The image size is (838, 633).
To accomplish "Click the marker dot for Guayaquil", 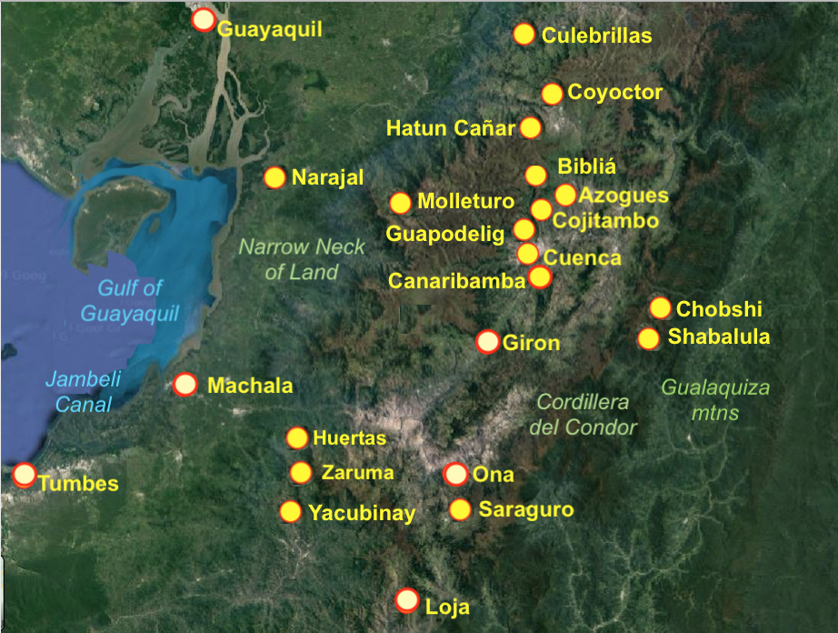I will point(204,20).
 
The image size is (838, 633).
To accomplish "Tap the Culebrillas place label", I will point(596,35).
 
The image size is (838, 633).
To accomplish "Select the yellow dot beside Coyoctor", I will point(552,94).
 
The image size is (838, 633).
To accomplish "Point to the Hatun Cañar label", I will point(451,128).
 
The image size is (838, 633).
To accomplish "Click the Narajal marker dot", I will point(274,177).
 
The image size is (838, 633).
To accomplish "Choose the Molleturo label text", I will point(465,201).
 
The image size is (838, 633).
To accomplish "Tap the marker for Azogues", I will point(565,195).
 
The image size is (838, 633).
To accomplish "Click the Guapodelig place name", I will point(445,235).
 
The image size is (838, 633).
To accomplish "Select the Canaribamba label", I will point(457,281).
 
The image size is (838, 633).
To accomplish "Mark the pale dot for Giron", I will point(488,342).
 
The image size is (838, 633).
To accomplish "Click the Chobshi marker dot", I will point(660,308).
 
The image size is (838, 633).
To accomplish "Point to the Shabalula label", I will point(719,337).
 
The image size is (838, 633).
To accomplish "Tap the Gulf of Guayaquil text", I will point(130,300).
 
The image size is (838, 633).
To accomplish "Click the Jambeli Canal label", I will point(83,392).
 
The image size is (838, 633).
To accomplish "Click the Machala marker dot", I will point(185,385).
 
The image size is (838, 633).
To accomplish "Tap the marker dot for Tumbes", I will point(25,474).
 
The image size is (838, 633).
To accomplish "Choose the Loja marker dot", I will point(407,600).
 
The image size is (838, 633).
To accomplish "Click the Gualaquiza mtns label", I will point(713,399).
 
